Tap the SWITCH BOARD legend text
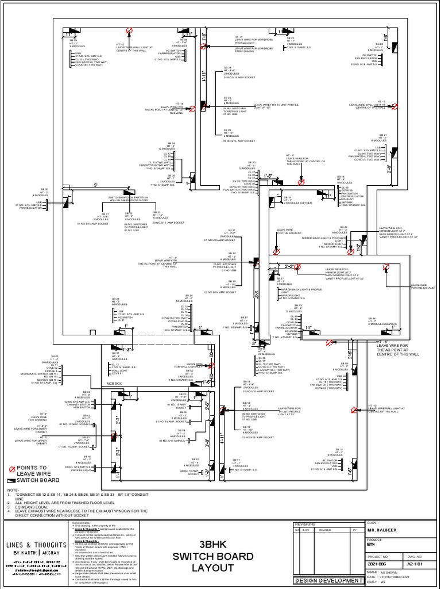(37, 480)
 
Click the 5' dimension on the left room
(95, 185)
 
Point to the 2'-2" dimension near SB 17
(289, 266)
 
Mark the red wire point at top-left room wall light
(130, 30)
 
